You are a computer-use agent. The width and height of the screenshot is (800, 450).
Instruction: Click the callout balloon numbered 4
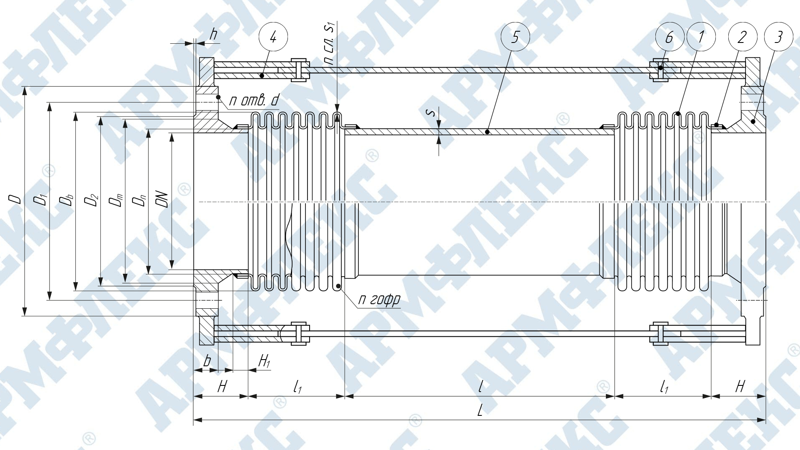click(x=273, y=37)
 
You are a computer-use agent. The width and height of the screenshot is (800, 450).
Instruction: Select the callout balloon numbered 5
click(x=515, y=37)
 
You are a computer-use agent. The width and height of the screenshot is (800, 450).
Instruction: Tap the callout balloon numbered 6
click(x=670, y=37)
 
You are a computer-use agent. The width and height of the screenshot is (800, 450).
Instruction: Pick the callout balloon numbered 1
click(x=700, y=37)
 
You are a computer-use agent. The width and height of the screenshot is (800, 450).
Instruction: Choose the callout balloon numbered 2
click(x=742, y=37)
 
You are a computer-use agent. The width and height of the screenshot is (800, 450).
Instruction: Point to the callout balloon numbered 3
click(x=778, y=37)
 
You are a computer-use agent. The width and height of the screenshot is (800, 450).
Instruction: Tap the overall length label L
click(x=480, y=411)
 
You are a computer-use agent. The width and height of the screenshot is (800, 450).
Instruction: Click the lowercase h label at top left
click(x=213, y=35)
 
